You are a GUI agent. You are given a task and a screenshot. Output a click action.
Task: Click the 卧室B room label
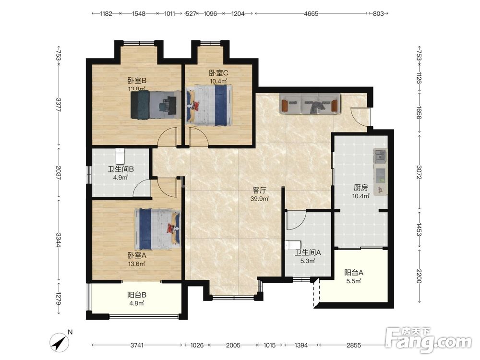[137, 81]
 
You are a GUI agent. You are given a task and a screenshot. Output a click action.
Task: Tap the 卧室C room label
[218, 73]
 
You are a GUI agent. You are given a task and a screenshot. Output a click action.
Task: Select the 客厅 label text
[259, 190]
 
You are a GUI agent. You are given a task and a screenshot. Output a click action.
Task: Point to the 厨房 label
[360, 187]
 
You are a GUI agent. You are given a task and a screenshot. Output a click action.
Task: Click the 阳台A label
[354, 273]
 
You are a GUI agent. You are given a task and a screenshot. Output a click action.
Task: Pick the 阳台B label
[137, 295]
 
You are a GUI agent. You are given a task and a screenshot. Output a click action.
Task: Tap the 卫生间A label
[308, 252]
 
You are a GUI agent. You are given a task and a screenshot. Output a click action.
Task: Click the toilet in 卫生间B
[120, 156]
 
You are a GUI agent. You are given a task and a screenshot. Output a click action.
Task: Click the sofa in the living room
[310, 104]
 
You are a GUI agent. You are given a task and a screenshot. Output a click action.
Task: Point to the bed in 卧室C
[209, 105]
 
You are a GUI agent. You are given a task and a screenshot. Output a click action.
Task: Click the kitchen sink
[380, 156]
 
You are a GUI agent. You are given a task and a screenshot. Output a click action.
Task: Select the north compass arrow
[60, 342]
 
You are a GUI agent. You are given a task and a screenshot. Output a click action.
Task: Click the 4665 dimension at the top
[311, 13]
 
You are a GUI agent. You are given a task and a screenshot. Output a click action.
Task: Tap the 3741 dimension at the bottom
[137, 345]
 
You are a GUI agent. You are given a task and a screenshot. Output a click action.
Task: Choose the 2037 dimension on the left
[59, 173]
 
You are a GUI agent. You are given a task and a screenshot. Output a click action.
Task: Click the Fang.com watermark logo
[428, 340]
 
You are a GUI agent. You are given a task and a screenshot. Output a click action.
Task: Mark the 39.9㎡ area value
[260, 198]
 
